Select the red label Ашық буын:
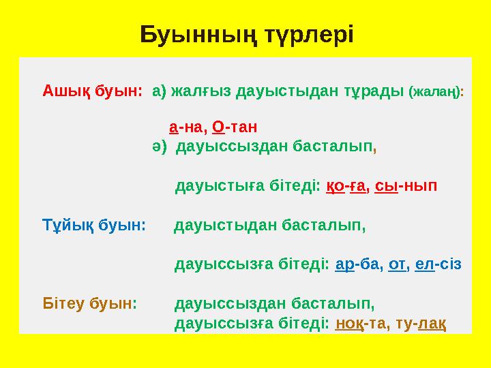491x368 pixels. pos(92,90)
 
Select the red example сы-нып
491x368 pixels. pos(406,186)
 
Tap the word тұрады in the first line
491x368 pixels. pos(372,90)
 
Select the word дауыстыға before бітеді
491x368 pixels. pos(219,186)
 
